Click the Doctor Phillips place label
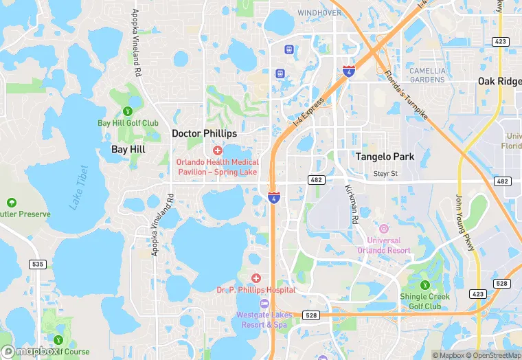[x=204, y=133]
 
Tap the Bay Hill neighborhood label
[x=128, y=148]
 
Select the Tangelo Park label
[x=385, y=157]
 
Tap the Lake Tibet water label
[x=80, y=188]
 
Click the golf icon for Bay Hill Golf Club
[x=127, y=111]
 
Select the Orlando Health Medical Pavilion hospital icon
[x=218, y=150]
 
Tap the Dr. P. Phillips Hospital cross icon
[x=256, y=278]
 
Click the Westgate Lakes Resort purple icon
[x=263, y=304]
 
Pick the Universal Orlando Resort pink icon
[x=383, y=228]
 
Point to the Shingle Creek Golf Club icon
[x=425, y=284]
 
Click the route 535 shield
[x=37, y=264]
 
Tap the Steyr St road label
[x=385, y=174]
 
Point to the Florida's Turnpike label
[x=406, y=95]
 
